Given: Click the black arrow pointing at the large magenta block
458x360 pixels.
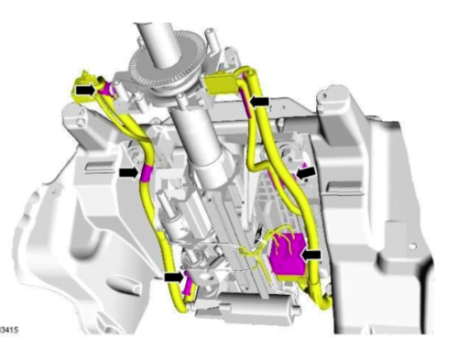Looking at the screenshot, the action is point(311,255).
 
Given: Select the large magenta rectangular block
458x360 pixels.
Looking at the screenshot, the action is point(288,254).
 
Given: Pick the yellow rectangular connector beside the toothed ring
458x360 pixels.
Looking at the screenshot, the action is point(220,83).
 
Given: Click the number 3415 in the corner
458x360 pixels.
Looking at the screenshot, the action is point(9,330).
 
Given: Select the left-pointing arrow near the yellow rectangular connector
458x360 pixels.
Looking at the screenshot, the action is point(259,102).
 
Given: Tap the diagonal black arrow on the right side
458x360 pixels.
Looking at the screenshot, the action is point(306,173).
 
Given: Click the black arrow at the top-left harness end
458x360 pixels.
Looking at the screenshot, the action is point(86,90).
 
